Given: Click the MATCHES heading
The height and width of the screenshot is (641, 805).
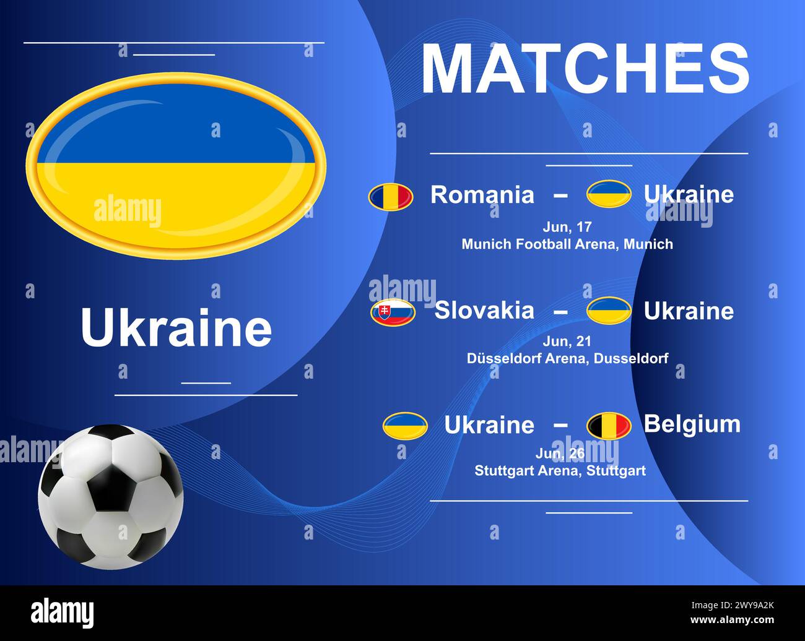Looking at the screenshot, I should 585,67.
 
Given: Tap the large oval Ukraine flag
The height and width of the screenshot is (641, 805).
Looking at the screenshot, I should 176,165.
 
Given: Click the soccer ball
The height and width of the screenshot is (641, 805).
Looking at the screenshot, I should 111,496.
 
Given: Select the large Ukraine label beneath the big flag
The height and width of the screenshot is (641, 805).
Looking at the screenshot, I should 176,328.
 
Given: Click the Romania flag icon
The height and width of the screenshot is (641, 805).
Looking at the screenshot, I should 391,196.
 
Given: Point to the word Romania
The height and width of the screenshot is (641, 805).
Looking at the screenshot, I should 482,195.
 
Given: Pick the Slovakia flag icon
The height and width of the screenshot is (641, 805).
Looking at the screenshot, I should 393,312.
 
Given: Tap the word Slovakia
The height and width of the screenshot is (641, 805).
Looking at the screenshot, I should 484,310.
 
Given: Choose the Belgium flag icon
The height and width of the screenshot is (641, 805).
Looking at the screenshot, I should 609,426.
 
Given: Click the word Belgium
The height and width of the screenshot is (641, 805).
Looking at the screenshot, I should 692,424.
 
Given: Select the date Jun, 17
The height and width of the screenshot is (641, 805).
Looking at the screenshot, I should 567,227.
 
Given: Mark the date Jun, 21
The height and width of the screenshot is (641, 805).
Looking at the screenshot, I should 567,341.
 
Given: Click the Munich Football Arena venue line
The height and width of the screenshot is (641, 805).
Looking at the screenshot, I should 567,244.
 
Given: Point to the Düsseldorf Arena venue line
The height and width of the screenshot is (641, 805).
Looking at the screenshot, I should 567,358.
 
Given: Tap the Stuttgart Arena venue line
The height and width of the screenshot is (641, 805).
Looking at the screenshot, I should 560,471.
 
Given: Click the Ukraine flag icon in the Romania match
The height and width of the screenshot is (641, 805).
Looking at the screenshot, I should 609,194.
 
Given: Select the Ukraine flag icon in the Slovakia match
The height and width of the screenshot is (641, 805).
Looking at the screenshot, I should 609,311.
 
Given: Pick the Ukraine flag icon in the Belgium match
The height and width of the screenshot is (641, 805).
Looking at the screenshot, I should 405,426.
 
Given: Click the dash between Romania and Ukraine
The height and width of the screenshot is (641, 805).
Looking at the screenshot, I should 560,195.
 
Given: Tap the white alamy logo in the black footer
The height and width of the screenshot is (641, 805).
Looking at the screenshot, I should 63,614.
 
